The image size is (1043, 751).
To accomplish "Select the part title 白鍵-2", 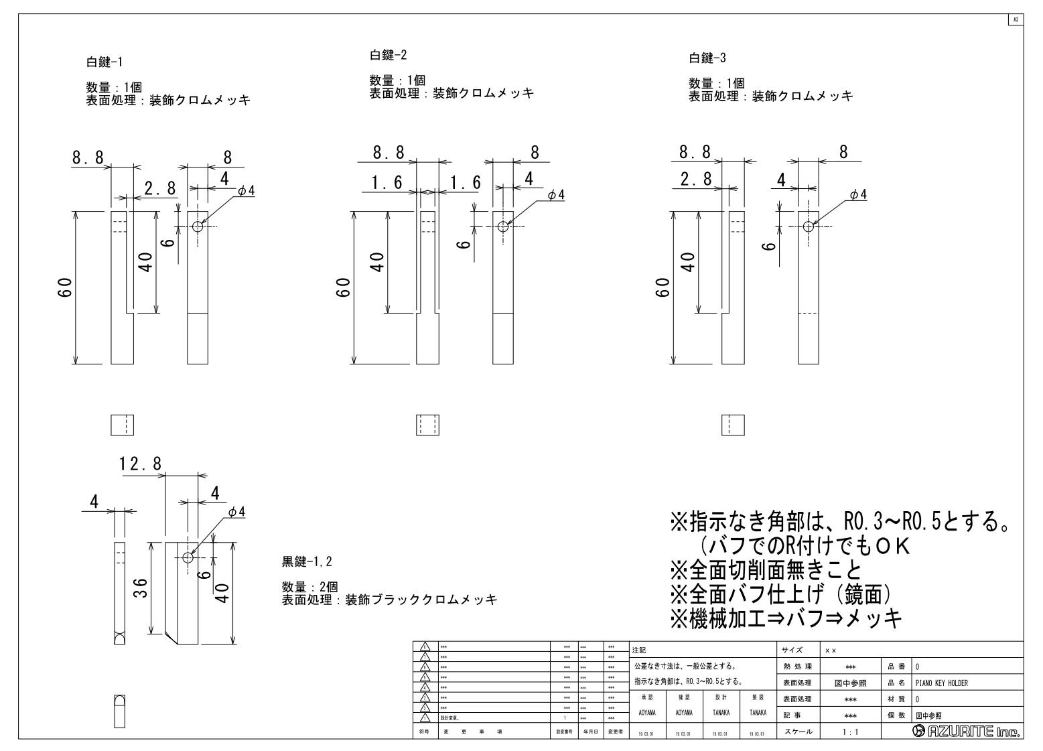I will (389, 55).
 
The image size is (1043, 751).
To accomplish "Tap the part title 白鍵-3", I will (707, 58).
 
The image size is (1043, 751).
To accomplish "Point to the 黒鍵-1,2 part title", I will (307, 561).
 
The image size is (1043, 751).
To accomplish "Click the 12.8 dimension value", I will (141, 464).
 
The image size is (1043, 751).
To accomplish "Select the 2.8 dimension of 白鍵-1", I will (160, 189).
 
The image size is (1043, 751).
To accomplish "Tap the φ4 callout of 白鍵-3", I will (858, 194).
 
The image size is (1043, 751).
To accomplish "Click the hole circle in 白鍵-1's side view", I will (198, 226).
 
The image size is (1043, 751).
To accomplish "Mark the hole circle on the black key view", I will (188, 557).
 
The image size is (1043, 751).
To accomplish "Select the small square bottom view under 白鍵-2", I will (427, 425).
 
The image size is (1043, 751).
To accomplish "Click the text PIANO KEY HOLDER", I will (941, 683).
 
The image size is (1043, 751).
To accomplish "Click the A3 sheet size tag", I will (1016, 19).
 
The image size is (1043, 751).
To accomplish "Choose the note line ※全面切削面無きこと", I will (766, 570).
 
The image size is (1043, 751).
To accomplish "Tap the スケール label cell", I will (797, 732).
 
